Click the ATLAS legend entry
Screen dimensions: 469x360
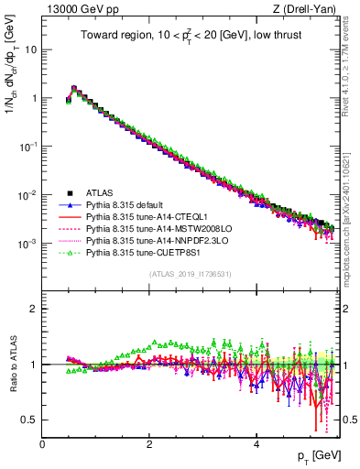[x=101, y=192]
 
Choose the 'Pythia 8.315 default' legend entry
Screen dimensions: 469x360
[x=130, y=205]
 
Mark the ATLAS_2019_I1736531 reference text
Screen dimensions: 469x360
[x=191, y=275]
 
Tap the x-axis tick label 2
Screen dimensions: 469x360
[x=149, y=443]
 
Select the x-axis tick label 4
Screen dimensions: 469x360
[x=256, y=443]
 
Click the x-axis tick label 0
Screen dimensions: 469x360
[x=42, y=443]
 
